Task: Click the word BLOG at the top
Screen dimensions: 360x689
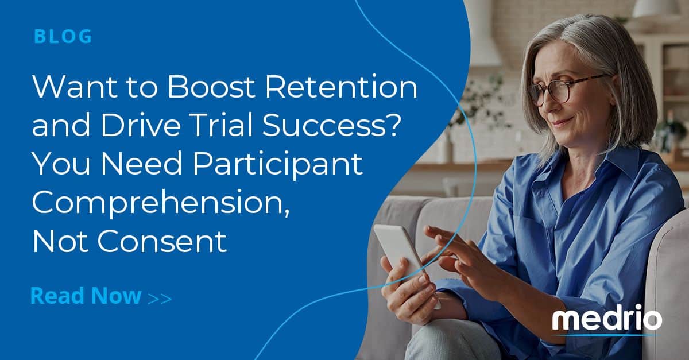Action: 63,36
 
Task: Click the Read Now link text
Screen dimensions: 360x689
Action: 86,296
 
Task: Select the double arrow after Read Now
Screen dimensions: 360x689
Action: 160,298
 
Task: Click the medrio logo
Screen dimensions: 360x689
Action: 606,320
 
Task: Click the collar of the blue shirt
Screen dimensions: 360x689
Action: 580,172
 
